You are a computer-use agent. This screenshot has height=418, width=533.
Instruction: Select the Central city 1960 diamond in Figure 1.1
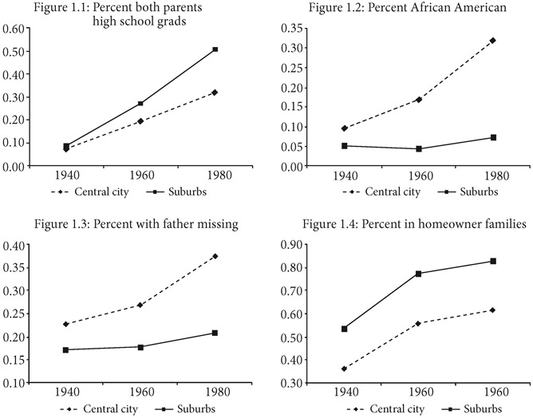140,121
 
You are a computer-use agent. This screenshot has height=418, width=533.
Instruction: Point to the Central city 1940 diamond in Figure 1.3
65,324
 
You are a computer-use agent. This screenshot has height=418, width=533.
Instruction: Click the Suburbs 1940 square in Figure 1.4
344,329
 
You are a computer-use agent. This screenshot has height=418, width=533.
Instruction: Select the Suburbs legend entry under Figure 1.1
183,192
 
